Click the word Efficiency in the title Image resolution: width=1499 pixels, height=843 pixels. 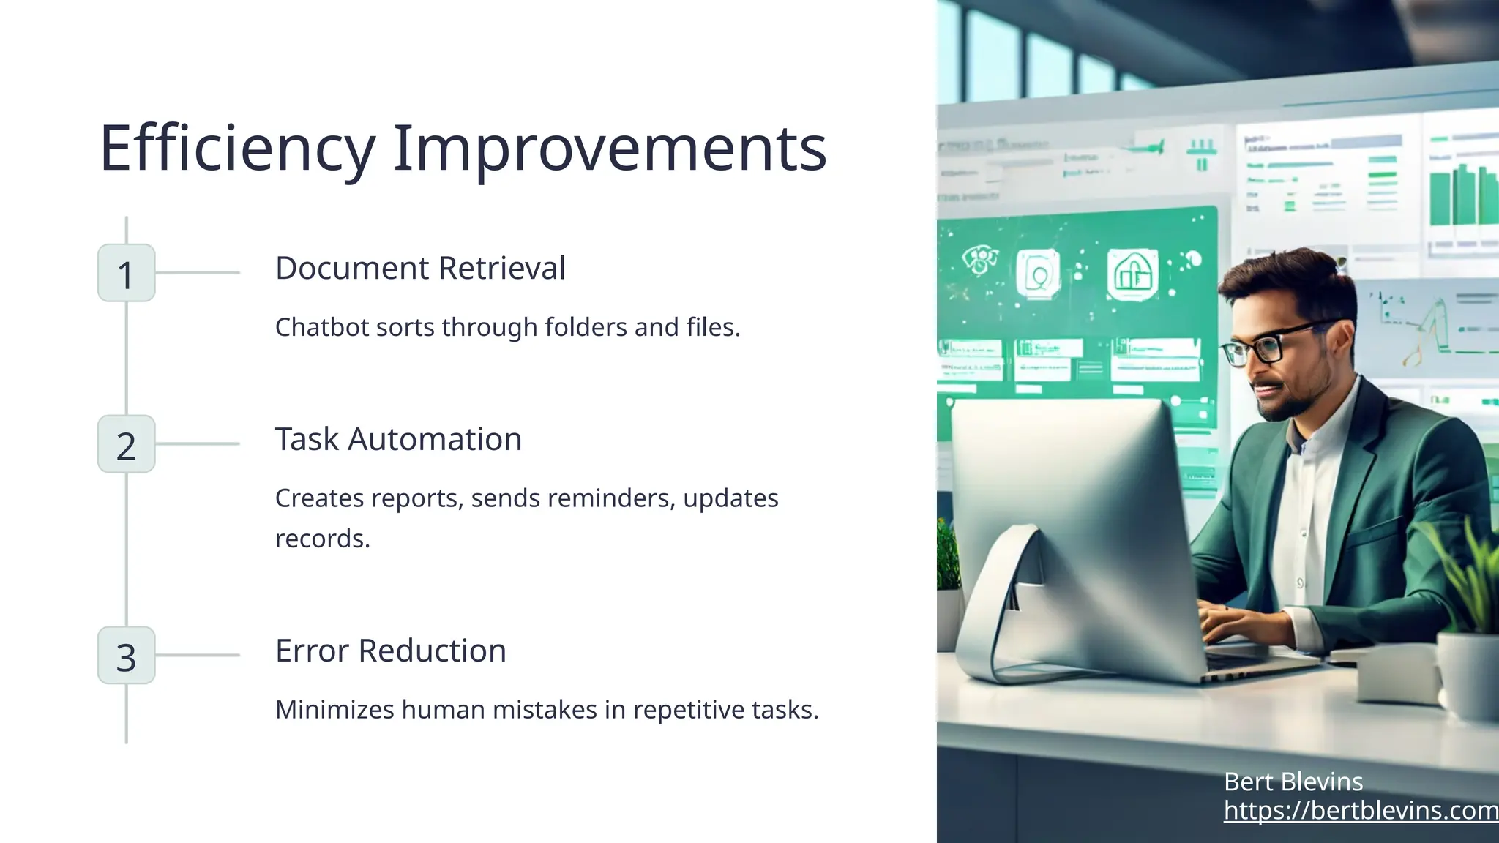[x=237, y=149]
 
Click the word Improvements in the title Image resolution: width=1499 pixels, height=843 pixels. [x=610, y=149]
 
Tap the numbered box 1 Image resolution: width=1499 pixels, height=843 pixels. [x=126, y=274]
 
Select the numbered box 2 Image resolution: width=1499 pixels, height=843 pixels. [x=126, y=444]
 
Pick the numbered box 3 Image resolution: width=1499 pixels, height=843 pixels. [x=126, y=656]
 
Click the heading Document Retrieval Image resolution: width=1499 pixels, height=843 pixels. [x=420, y=268]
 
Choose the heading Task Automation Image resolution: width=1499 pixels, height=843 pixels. [x=398, y=439]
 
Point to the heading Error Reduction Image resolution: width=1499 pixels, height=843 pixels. [x=390, y=651]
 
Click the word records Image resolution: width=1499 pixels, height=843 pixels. [x=322, y=539]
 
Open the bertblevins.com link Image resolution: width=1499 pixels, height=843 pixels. [x=1360, y=811]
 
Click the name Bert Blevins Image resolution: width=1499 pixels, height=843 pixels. [x=1293, y=782]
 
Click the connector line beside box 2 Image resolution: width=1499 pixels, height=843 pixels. [x=198, y=443]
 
